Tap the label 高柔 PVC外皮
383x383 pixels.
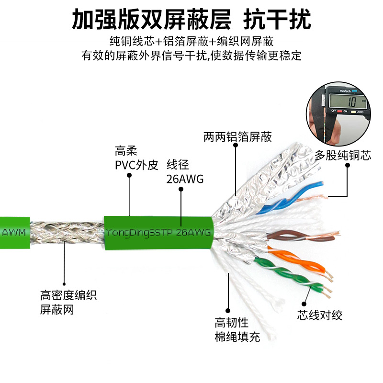[136, 158]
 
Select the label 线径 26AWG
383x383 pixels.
[185, 172]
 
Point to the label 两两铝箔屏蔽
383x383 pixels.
[237, 137]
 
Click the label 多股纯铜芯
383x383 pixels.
[343, 156]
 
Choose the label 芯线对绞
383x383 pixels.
[320, 315]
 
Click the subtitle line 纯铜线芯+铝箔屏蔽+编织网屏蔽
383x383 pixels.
[191, 41]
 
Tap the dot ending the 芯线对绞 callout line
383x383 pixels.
[304, 303]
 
